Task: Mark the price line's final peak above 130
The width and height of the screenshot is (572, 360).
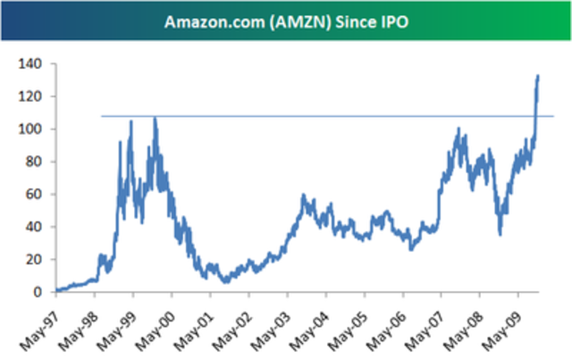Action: point(537,76)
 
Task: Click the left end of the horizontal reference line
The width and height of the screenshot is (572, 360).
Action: point(102,116)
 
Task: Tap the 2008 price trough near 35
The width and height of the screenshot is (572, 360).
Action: point(500,234)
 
